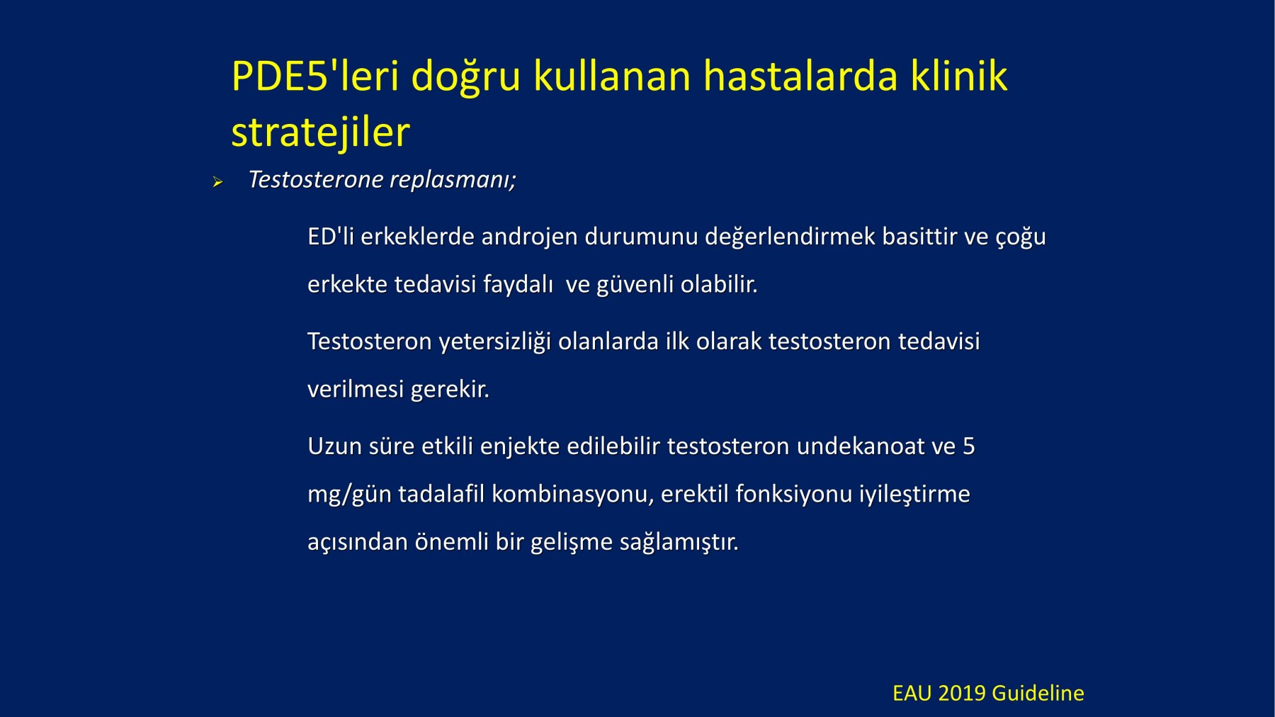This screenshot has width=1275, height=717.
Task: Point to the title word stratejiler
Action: [x=320, y=132]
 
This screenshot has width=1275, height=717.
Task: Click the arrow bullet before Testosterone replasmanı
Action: [x=217, y=182]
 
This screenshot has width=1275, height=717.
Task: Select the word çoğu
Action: [x=1021, y=237]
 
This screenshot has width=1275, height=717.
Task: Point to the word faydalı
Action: [x=518, y=284]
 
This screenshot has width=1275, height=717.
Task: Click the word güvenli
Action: [x=635, y=284]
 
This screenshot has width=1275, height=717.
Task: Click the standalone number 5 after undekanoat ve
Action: [x=968, y=446]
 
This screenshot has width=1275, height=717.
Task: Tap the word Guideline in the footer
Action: [x=1038, y=693]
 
